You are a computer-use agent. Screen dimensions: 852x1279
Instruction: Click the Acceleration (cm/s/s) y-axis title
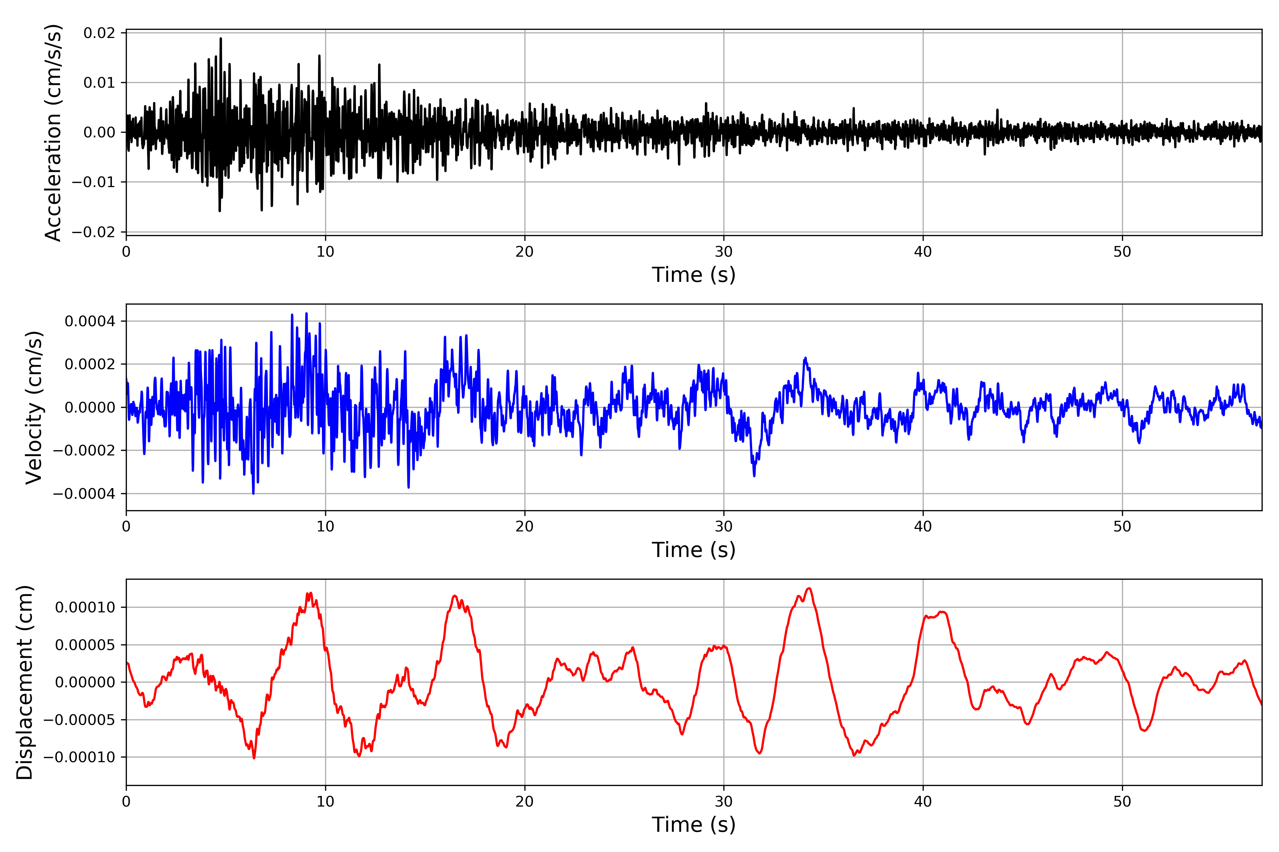click(53, 132)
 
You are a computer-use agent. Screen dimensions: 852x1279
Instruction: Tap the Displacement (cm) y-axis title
click(25, 682)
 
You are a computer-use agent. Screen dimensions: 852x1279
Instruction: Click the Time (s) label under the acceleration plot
click(694, 275)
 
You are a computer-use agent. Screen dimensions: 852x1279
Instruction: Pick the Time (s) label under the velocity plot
click(694, 550)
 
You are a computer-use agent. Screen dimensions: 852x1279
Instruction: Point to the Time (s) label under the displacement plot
click(694, 825)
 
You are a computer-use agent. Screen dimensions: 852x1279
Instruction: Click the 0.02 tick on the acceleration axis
click(99, 33)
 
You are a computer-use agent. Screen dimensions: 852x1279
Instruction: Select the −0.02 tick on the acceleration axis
click(93, 233)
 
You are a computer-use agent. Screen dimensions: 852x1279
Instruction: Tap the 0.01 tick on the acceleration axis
click(99, 83)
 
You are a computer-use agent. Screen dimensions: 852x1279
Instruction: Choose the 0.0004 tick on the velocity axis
click(90, 321)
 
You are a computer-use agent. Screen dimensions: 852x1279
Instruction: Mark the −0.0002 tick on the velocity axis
click(84, 450)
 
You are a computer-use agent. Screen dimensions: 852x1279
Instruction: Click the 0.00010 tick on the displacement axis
click(85, 607)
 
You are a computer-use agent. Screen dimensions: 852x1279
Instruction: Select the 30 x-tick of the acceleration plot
click(724, 252)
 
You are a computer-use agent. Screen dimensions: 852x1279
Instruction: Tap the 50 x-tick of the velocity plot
click(1122, 526)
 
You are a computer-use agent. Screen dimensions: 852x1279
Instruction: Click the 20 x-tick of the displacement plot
click(525, 802)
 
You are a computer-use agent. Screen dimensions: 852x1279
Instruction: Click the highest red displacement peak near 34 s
click(809, 589)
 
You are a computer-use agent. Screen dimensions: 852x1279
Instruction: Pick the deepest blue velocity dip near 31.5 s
click(754, 476)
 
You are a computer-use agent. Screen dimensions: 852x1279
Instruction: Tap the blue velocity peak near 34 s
click(806, 358)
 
